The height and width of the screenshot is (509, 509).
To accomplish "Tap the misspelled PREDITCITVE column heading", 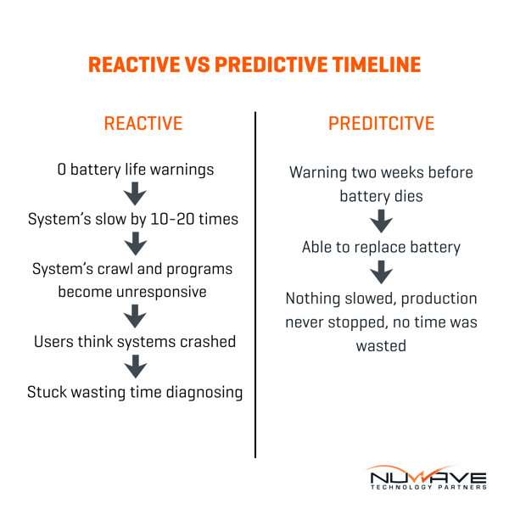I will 381,124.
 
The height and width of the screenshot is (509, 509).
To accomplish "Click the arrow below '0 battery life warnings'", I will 136,194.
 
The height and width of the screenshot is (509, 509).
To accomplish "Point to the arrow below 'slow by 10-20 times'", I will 136,243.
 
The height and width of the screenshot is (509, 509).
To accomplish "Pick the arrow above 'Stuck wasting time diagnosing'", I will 136,366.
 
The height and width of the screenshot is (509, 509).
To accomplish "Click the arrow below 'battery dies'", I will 381,221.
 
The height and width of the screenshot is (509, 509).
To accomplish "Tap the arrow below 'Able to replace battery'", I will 381,271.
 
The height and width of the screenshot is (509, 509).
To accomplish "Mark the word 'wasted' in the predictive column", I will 381,347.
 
